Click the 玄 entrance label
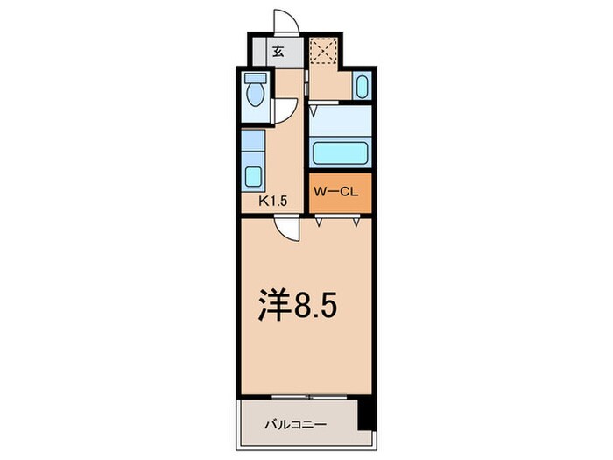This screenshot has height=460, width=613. click(278, 51)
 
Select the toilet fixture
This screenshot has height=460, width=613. click(255, 94)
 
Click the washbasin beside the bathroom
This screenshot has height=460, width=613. click(361, 86)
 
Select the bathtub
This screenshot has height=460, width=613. click(342, 151)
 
